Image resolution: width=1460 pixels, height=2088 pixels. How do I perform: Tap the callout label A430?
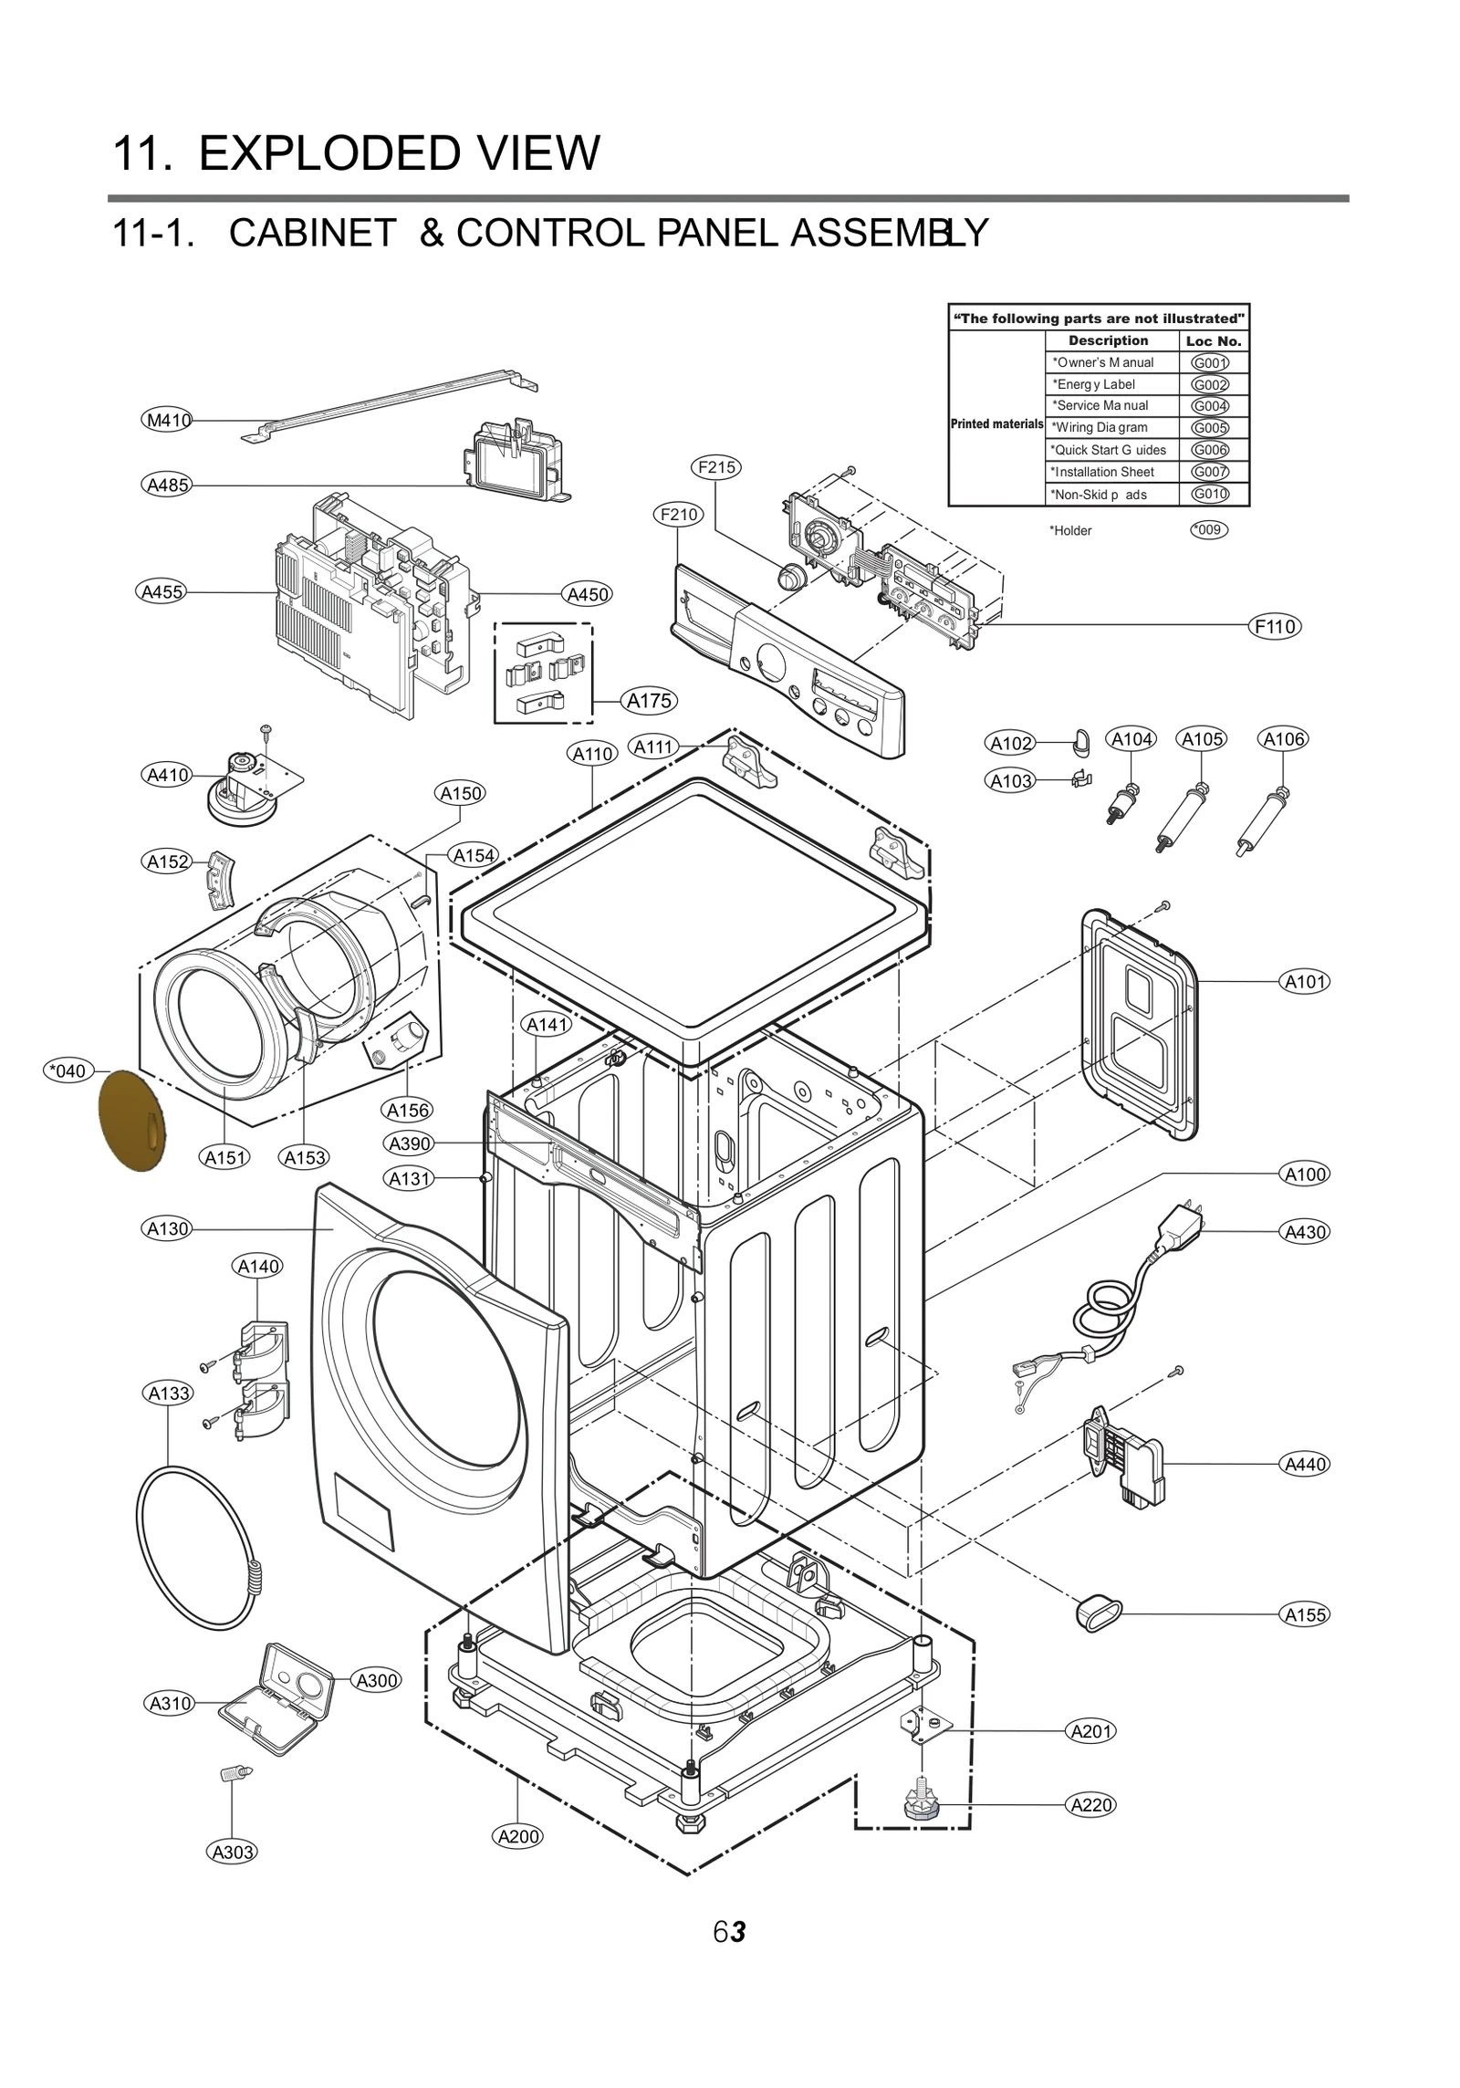coord(1304,1232)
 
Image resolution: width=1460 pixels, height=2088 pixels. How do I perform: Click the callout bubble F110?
coord(1274,627)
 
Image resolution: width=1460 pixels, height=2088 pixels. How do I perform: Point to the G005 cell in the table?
coord(1210,428)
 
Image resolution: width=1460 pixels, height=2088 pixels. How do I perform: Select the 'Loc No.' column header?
coord(1213,341)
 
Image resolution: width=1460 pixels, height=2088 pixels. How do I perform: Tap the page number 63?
coord(729,1932)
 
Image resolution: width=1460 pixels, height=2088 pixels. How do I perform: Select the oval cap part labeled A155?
coord(1099,1612)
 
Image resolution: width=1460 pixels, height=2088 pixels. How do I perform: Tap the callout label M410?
coord(169,421)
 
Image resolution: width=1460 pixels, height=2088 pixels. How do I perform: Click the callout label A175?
coord(649,701)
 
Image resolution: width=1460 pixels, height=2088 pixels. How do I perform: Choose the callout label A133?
coord(169,1394)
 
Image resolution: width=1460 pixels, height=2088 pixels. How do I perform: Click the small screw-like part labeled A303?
coord(235,1775)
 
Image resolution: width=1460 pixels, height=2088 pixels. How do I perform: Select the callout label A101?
coord(1304,982)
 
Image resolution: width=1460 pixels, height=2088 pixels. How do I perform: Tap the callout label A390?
coord(409,1144)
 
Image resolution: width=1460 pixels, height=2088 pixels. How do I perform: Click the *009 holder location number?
coord(1208,530)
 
